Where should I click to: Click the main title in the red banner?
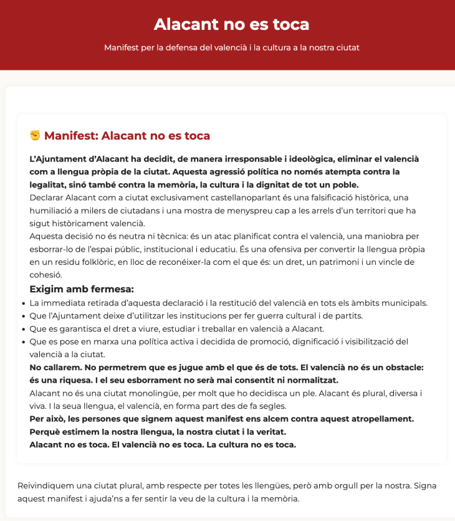coord(231,24)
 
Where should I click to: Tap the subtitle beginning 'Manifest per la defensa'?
coord(231,47)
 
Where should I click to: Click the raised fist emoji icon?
coord(35,135)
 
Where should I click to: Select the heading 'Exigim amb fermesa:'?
coord(82,289)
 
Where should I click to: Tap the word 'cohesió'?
coord(47,275)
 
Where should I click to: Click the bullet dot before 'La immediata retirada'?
coord(22,304)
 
